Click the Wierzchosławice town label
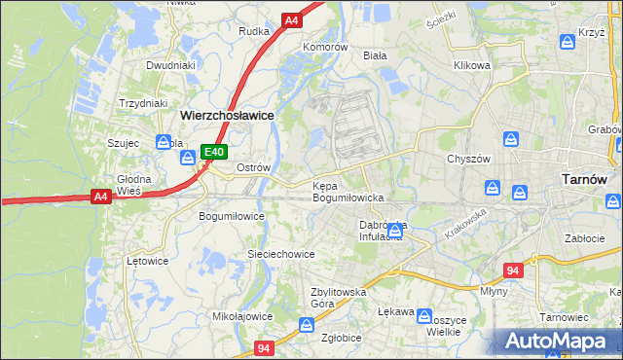(x=227, y=114)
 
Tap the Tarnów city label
(x=586, y=179)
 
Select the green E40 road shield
(x=214, y=152)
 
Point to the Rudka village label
(x=254, y=31)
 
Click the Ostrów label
(x=253, y=167)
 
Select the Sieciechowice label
(x=280, y=254)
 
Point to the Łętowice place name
(x=149, y=261)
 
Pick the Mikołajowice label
(x=242, y=316)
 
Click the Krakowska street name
(x=465, y=225)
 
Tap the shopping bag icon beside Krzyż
(x=568, y=43)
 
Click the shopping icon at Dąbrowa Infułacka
(x=395, y=231)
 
